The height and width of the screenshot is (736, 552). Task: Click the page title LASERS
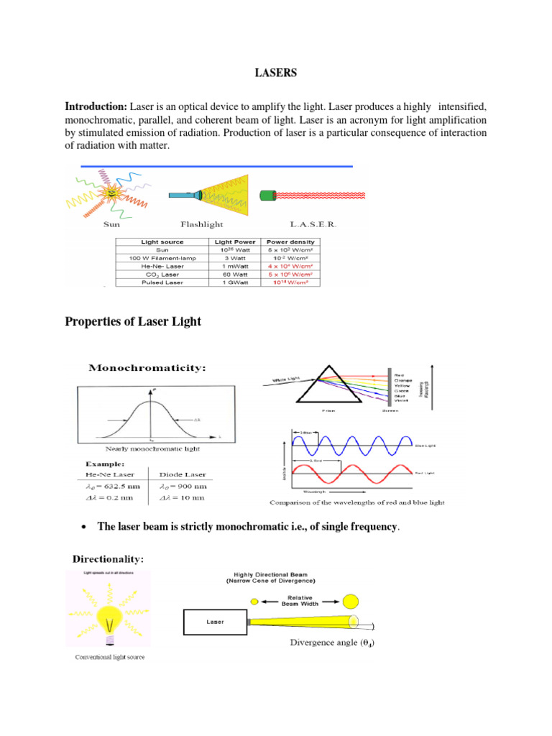(276, 73)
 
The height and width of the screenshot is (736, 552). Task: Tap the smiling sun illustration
(113, 192)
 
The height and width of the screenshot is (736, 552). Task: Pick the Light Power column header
(233, 242)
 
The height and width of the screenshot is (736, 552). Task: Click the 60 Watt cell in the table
(233, 274)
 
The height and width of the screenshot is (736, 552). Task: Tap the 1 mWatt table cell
(233, 266)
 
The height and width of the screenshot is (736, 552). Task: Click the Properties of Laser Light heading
(133, 322)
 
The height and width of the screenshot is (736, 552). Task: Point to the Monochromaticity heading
(147, 368)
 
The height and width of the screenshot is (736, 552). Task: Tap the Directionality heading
(108, 558)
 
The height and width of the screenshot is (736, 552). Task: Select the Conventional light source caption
(108, 658)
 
